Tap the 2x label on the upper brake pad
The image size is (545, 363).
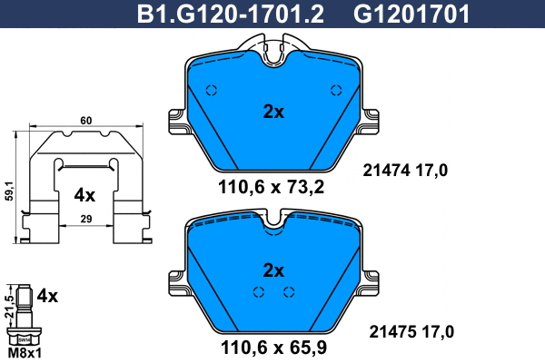(x=273, y=113)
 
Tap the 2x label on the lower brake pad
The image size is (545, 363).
(x=273, y=270)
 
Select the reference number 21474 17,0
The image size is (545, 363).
(x=406, y=170)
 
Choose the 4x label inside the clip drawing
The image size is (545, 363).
(x=84, y=194)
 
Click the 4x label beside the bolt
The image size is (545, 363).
(x=47, y=296)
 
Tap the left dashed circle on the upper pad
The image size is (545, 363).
(x=212, y=90)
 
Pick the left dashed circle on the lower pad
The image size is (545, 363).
(x=259, y=291)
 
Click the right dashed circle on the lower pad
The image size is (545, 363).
(x=289, y=291)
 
